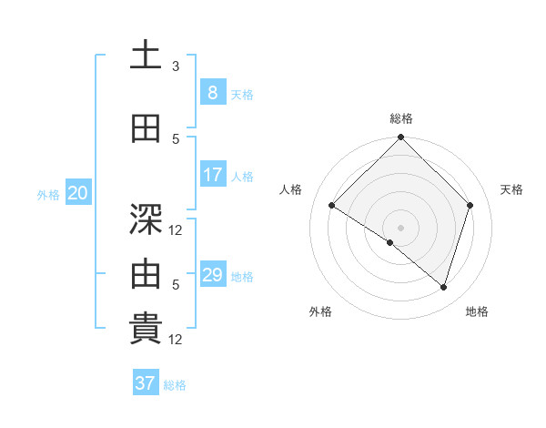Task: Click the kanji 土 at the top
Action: pyautogui.click(x=147, y=56)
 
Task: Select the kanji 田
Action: pyautogui.click(x=147, y=129)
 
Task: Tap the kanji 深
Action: pyautogui.click(x=147, y=219)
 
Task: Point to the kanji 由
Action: pyautogui.click(x=147, y=274)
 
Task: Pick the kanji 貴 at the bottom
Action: pyautogui.click(x=147, y=330)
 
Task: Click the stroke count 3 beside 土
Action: pyautogui.click(x=176, y=66)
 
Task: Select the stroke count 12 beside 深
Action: pyautogui.click(x=176, y=230)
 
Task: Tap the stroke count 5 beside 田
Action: pyautogui.click(x=176, y=139)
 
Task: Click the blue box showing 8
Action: pyautogui.click(x=212, y=93)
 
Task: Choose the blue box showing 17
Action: pyautogui.click(x=212, y=175)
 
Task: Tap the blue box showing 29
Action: pyautogui.click(x=212, y=275)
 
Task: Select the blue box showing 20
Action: pyautogui.click(x=78, y=193)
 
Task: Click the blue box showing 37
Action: pyautogui.click(x=145, y=383)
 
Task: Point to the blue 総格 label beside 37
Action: pyautogui.click(x=176, y=385)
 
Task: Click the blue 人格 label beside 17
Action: pyautogui.click(x=243, y=177)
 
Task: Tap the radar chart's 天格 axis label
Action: pyautogui.click(x=512, y=189)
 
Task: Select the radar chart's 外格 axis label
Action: pyautogui.click(x=320, y=312)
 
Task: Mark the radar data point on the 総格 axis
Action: pyautogui.click(x=400, y=138)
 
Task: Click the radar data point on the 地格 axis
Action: pyautogui.click(x=443, y=287)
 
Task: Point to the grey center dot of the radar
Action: pyautogui.click(x=400, y=227)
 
